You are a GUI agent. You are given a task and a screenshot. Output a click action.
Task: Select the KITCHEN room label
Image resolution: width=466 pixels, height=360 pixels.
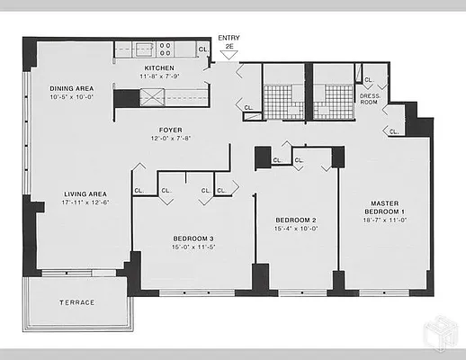coord(159,67)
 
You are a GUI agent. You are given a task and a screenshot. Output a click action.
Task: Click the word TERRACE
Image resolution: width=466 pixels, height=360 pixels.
coord(76,302)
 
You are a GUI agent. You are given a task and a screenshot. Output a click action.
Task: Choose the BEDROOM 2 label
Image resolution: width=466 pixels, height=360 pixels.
coord(294,220)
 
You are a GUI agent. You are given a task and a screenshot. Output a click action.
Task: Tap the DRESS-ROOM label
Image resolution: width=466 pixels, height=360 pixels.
coord(370,97)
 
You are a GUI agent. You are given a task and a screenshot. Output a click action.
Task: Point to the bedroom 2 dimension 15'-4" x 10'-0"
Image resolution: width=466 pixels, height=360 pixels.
coord(294,228)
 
